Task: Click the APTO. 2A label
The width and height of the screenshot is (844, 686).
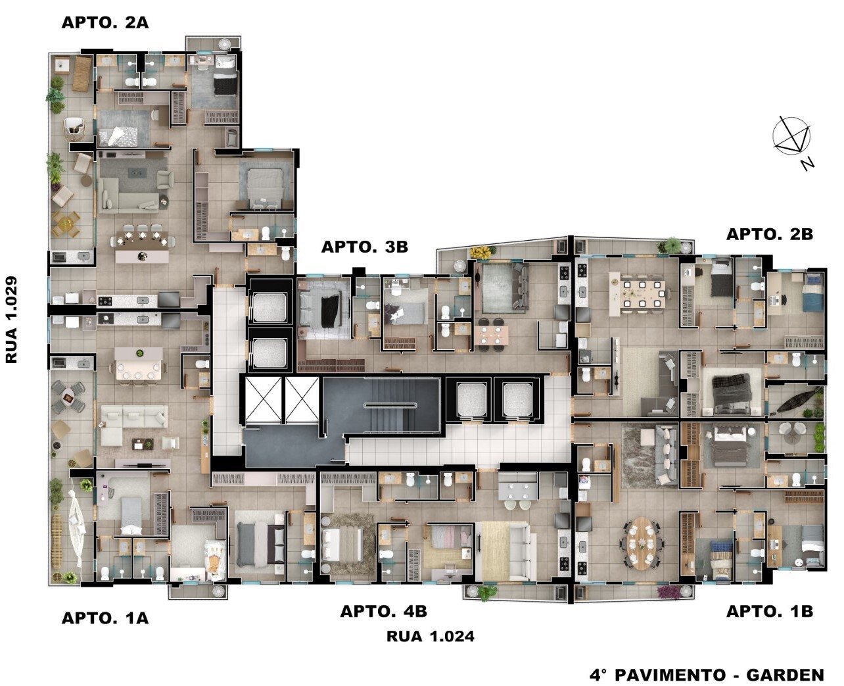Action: [105, 22]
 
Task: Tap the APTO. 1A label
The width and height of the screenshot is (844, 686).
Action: [105, 618]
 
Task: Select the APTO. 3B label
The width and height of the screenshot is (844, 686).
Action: [365, 247]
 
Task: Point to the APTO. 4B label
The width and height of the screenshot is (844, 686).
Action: [384, 611]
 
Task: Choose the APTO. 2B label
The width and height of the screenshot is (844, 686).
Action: [770, 234]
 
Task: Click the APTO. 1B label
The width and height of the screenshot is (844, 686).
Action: [770, 611]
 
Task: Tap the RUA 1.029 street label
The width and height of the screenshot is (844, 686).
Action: [11, 320]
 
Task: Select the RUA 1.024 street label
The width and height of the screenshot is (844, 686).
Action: [431, 637]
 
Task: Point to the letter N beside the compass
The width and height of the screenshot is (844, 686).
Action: [807, 164]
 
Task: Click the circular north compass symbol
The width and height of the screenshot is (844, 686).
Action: [791, 135]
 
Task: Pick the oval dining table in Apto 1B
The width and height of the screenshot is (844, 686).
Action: [642, 543]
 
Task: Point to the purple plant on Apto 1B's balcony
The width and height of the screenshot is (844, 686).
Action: [668, 593]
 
